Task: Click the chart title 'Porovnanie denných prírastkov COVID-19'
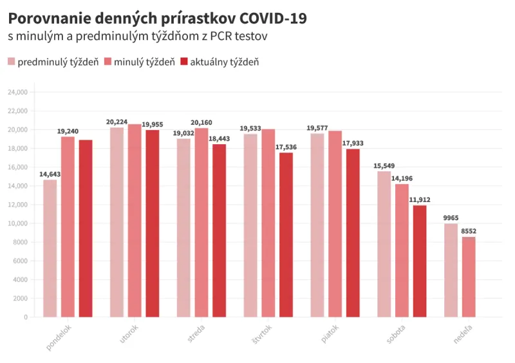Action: (157, 18)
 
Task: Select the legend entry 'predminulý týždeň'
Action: (53, 62)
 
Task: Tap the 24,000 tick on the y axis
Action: (17, 92)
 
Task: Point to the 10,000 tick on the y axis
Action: (17, 223)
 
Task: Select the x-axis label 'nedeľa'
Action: (462, 334)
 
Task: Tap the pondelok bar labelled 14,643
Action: (50, 248)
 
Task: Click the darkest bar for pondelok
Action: (86, 228)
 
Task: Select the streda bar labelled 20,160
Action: (201, 222)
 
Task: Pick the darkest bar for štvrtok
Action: (286, 234)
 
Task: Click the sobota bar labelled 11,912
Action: (420, 261)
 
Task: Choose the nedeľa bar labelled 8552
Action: (469, 277)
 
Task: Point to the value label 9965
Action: (451, 218)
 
